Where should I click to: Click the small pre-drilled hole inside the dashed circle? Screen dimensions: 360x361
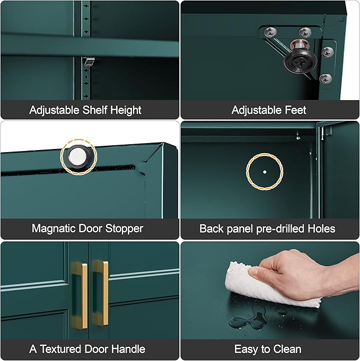click(265, 172)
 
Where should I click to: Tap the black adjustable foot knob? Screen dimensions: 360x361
click(300, 60)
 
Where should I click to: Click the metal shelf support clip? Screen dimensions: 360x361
click(89, 61)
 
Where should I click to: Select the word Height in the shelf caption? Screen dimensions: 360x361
click(126, 110)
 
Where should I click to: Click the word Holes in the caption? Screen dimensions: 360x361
click(321, 228)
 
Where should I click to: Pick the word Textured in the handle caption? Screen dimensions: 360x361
click(60, 349)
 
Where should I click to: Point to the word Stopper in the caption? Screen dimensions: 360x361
click(124, 229)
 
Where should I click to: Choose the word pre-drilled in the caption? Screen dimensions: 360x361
click(281, 229)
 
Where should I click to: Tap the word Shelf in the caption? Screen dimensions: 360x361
click(94, 110)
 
